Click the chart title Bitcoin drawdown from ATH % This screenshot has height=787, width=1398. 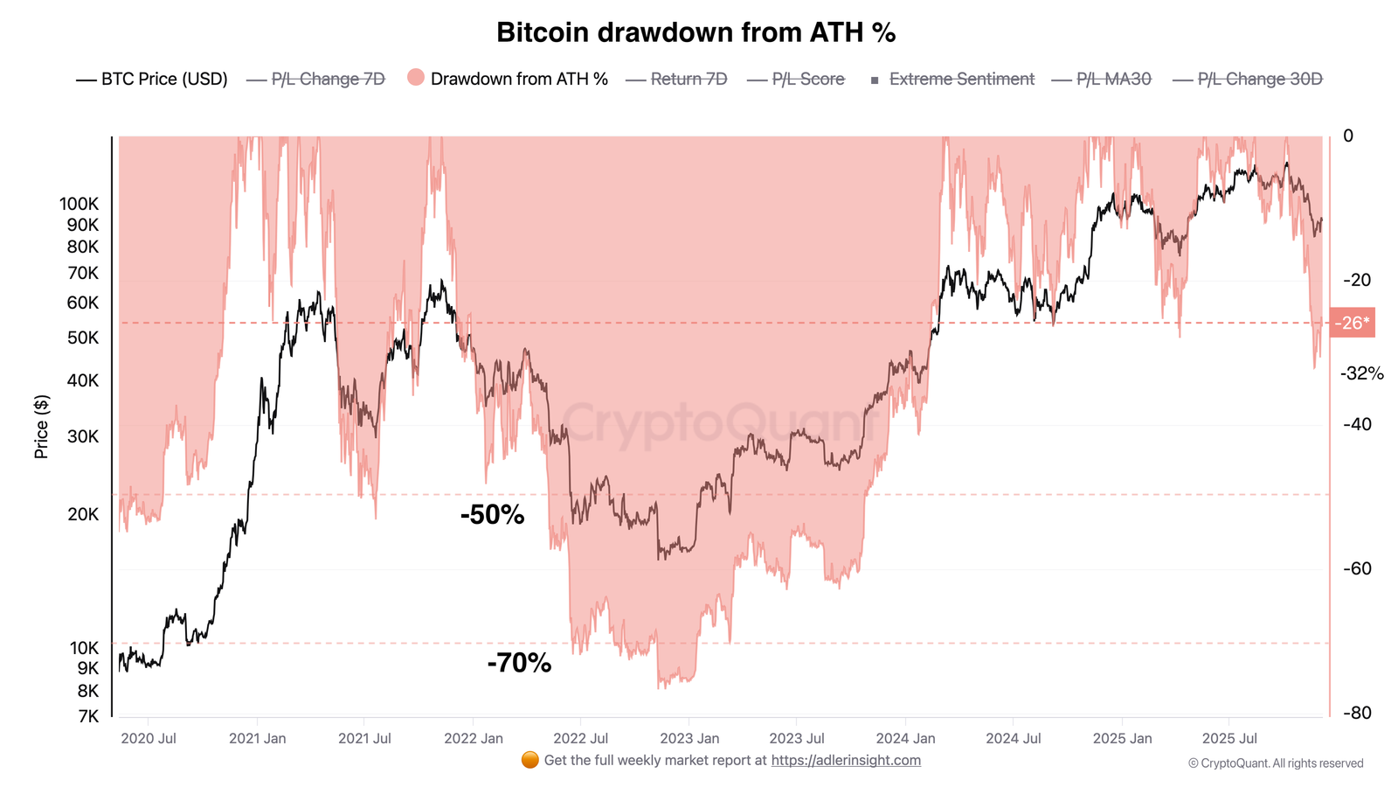click(x=696, y=32)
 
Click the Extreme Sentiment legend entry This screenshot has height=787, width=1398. click(x=961, y=80)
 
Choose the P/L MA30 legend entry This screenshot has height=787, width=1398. click(x=1113, y=80)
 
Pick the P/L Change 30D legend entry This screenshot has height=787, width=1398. click(x=1259, y=80)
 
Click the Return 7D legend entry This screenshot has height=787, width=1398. click(x=689, y=80)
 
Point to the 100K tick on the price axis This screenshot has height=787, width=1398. click(x=80, y=204)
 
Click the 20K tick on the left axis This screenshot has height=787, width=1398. click(x=83, y=514)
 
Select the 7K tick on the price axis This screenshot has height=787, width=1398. click(x=88, y=716)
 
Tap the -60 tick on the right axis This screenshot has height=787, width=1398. click(x=1357, y=568)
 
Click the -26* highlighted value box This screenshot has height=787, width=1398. click(x=1352, y=323)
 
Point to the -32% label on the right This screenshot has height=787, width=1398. click(x=1362, y=373)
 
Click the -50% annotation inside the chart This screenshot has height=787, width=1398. click(x=492, y=514)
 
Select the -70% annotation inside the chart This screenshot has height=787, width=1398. click(x=519, y=663)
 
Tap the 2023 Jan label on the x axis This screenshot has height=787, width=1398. click(x=689, y=738)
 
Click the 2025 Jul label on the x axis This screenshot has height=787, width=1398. click(x=1229, y=738)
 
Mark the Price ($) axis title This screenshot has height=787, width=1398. click(x=41, y=427)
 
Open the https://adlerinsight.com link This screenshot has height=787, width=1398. click(x=845, y=760)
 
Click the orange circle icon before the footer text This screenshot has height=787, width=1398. click(x=529, y=760)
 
